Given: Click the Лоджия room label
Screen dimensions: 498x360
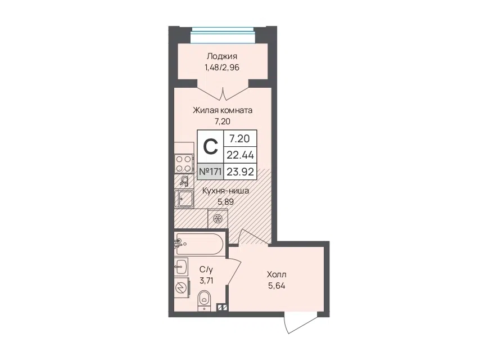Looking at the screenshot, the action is tap(221, 57).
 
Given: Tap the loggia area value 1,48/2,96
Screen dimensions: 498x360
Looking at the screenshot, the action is tap(221, 67).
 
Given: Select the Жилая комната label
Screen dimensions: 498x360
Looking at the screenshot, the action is tap(223, 110).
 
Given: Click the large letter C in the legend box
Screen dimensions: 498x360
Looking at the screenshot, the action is tap(210, 147).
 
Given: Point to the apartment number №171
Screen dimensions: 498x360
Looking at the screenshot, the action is tap(210, 172).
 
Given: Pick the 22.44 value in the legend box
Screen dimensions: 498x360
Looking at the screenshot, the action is tap(240, 155).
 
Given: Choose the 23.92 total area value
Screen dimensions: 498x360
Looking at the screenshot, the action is tap(240, 172).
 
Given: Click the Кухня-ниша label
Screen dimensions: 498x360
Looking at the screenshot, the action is tap(225, 191).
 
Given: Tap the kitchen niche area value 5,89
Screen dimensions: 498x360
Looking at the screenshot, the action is tap(225, 202).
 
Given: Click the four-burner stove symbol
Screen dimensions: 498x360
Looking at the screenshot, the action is tap(184, 164).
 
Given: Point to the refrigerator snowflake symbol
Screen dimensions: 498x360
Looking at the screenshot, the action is tap(218, 218).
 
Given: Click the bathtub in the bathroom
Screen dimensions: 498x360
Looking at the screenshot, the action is tap(199, 244).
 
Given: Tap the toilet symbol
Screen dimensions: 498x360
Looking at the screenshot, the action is tap(203, 300).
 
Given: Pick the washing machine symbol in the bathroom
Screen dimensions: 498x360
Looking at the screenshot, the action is tap(182, 288).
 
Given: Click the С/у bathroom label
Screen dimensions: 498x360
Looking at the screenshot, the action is tap(206, 270).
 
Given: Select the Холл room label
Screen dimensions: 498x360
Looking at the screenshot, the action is tap(277, 274).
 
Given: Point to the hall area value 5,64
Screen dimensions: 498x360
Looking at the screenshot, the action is tap(277, 286).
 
